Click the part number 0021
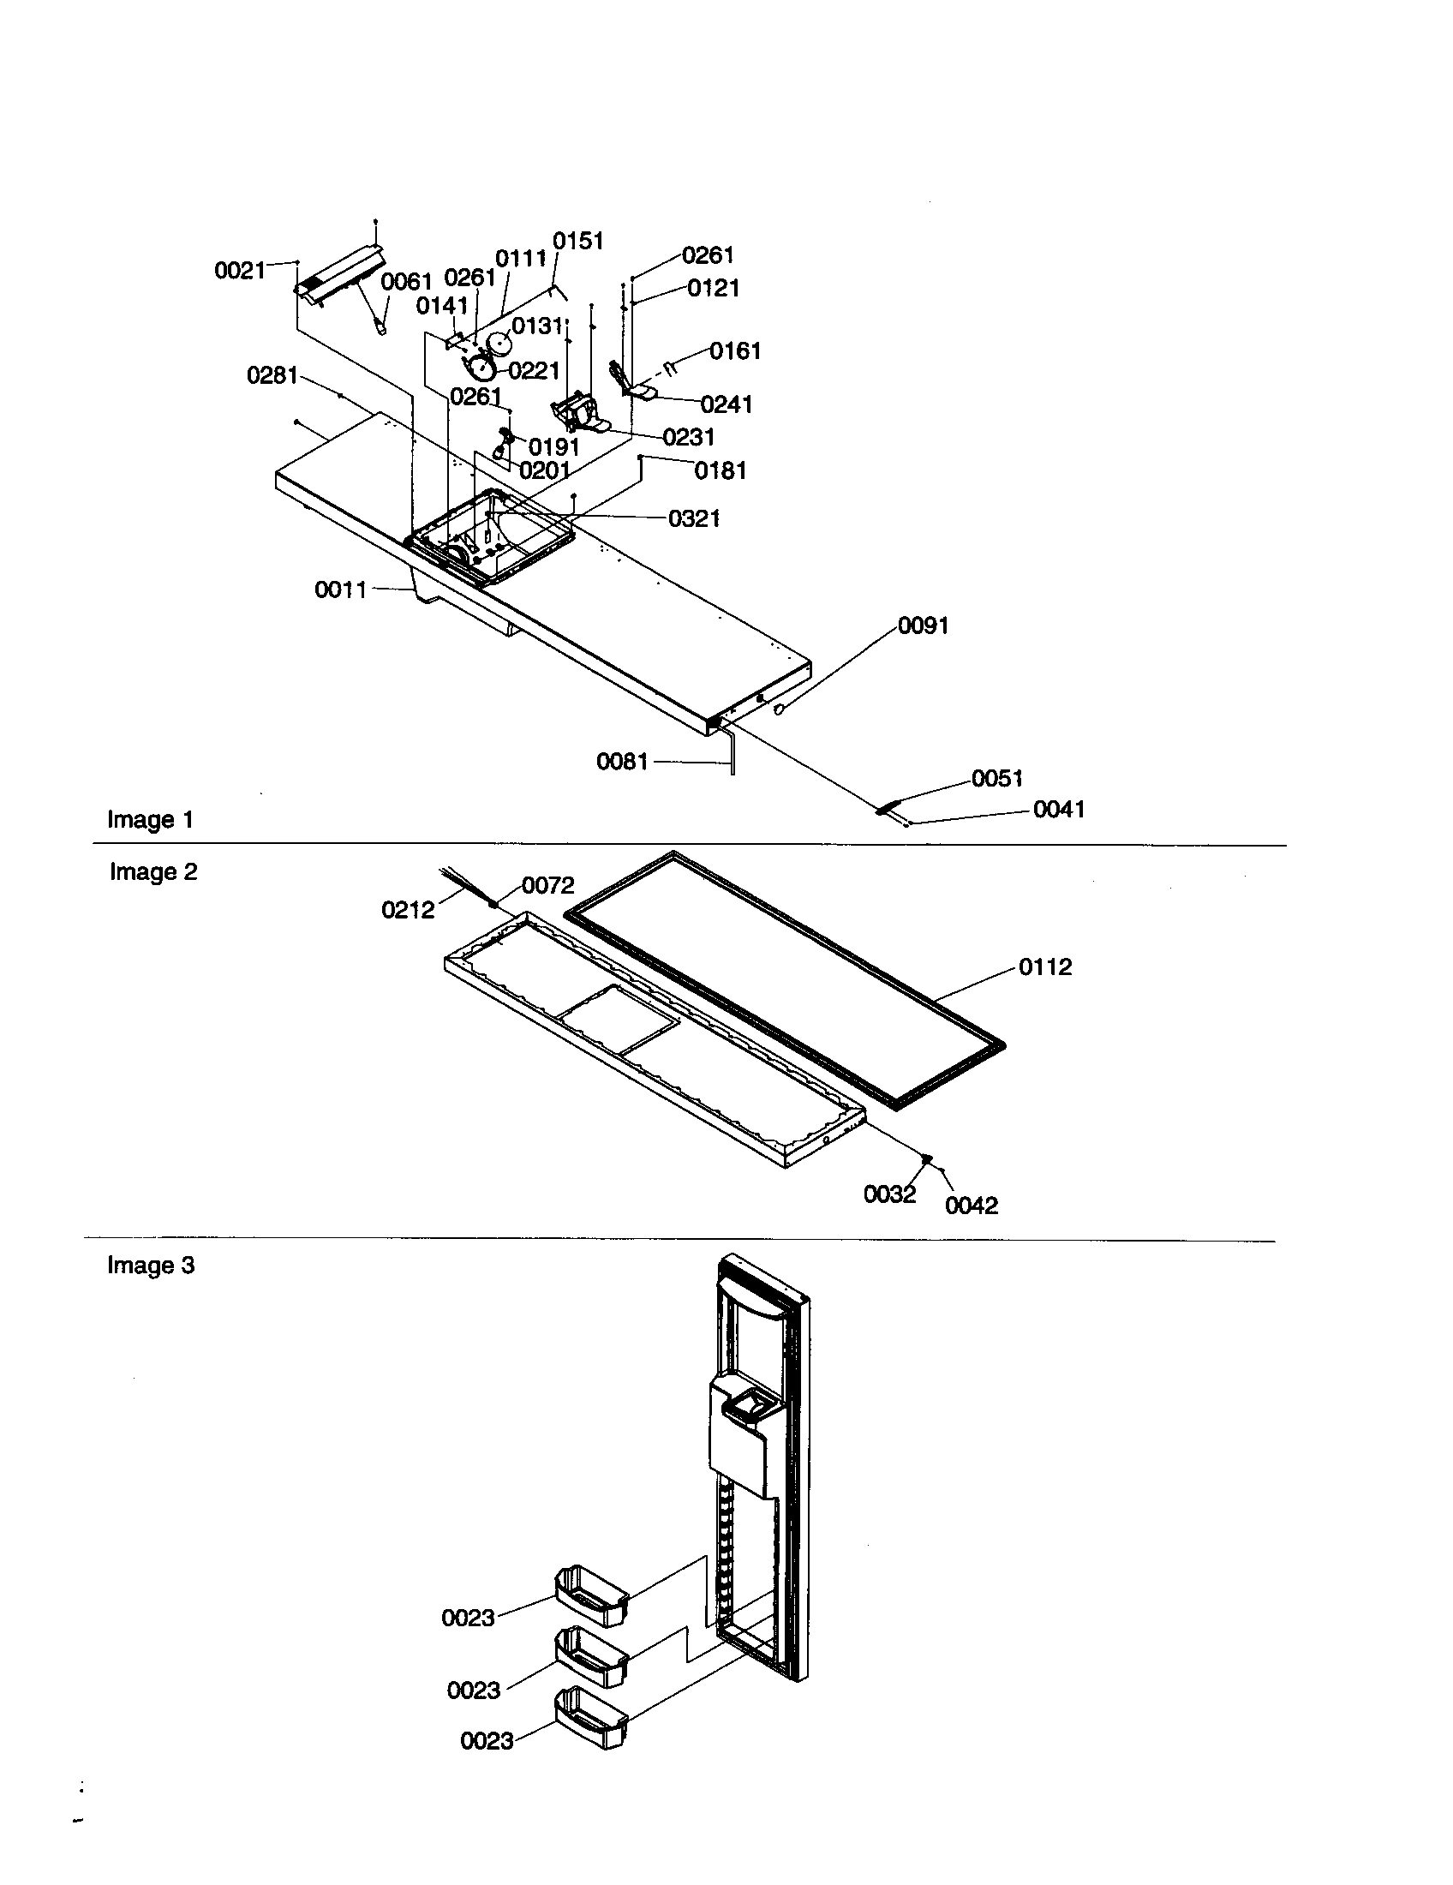click(239, 271)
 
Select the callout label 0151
click(577, 241)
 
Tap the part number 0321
click(694, 518)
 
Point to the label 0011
click(340, 589)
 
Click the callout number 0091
click(924, 625)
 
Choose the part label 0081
click(621, 761)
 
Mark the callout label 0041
click(1059, 809)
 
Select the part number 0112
click(1045, 966)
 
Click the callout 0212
click(407, 910)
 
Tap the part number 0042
click(972, 1206)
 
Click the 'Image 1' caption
click(150, 819)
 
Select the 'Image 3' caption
click(151, 1266)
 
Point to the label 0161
click(735, 351)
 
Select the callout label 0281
click(272, 375)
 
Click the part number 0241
click(726, 404)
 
